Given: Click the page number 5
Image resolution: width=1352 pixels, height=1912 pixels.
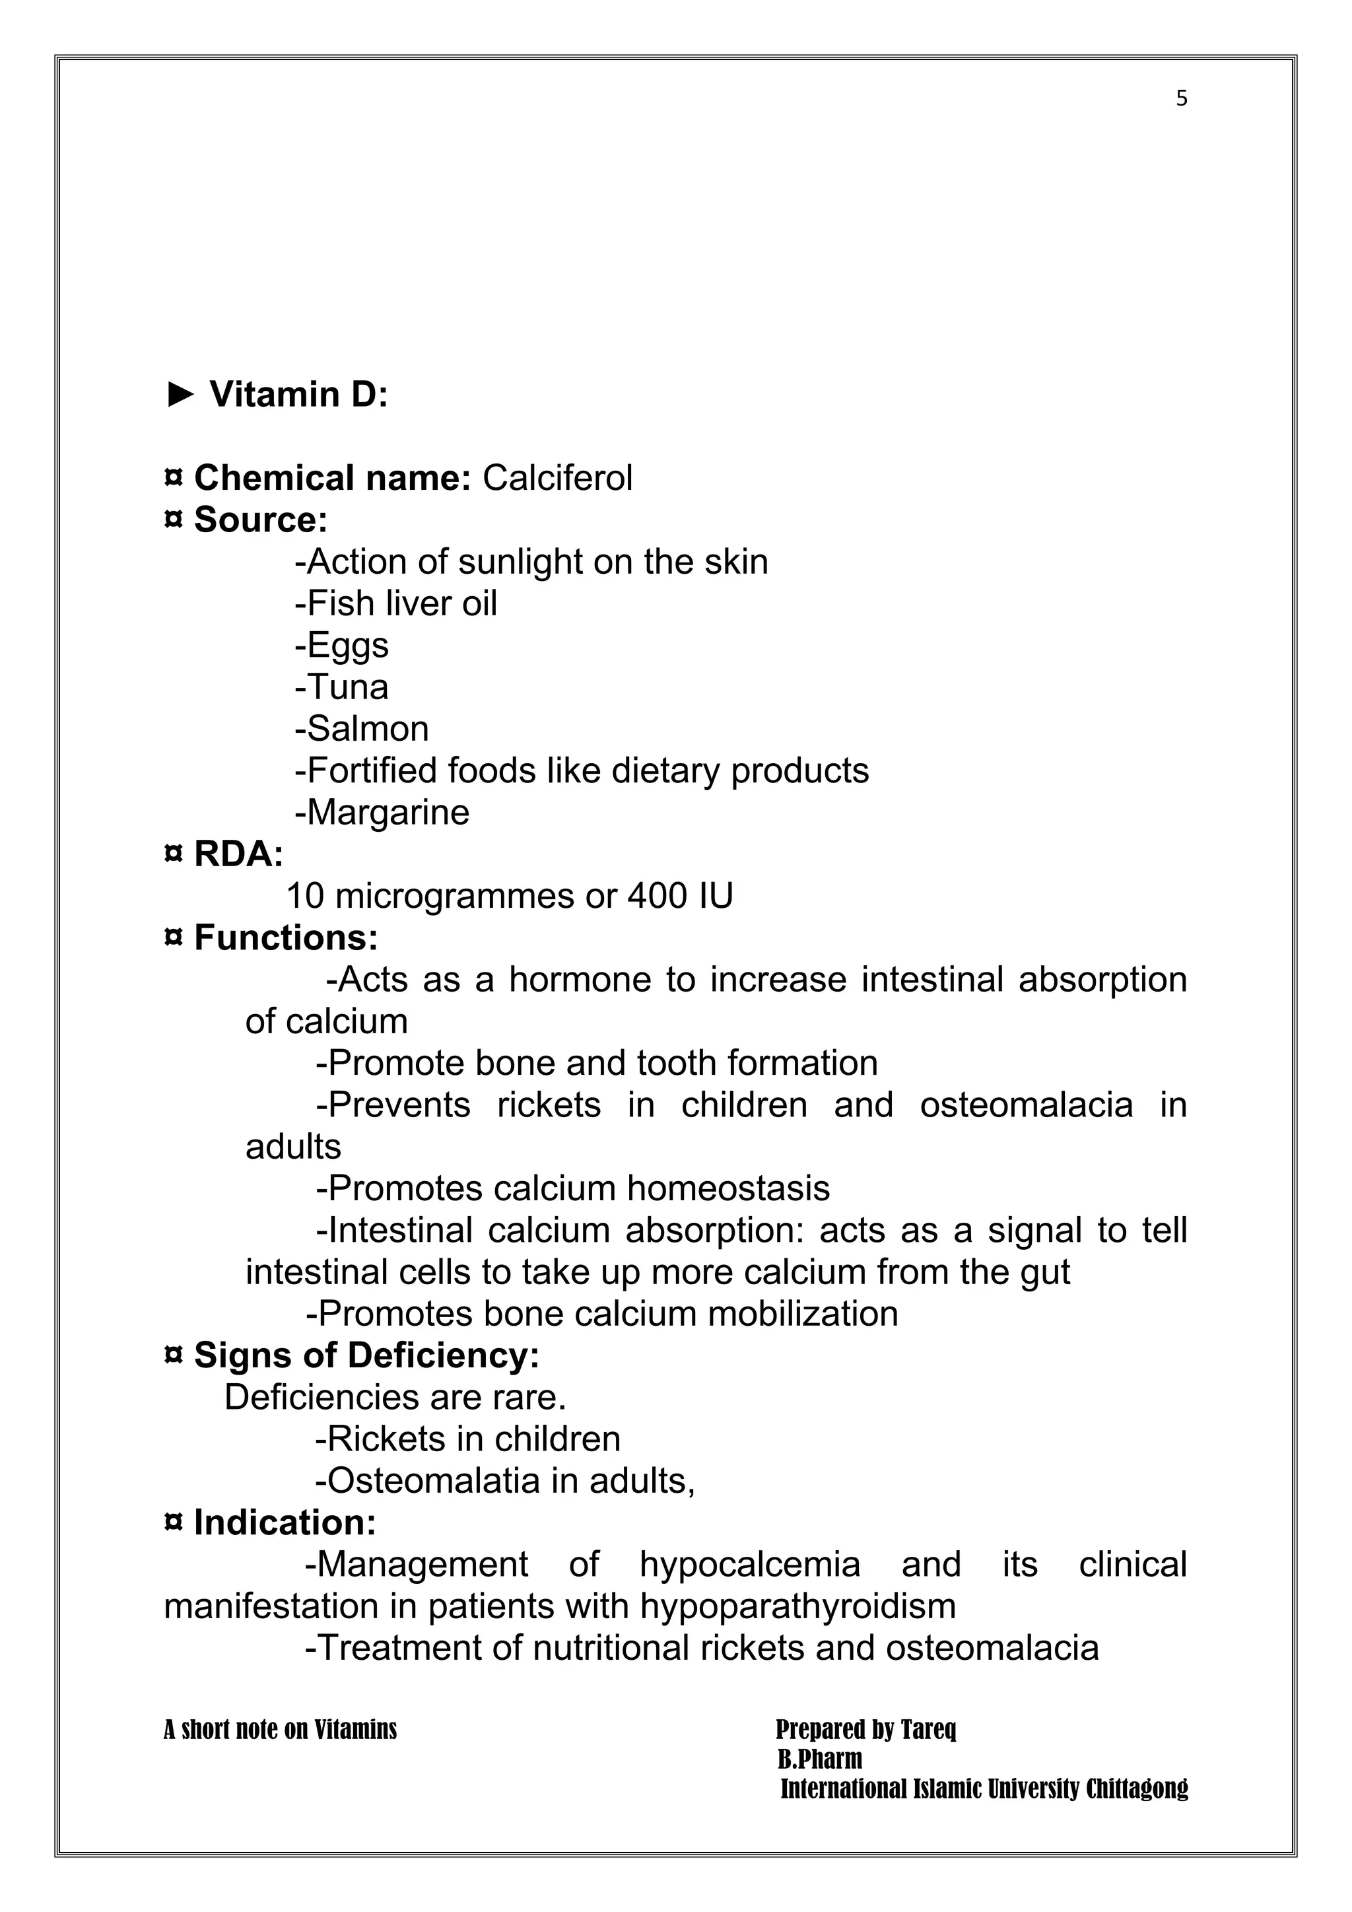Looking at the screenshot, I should pyautogui.click(x=1181, y=99).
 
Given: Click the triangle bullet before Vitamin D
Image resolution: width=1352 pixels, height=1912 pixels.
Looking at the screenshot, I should pyautogui.click(x=180, y=395).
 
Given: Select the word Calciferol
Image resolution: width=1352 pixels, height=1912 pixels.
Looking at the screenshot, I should pyautogui.click(x=557, y=478).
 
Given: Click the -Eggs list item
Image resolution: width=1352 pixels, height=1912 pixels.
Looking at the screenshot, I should pyautogui.click(x=341, y=646).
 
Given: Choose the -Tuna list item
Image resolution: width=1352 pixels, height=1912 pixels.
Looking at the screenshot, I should pyautogui.click(x=341, y=688).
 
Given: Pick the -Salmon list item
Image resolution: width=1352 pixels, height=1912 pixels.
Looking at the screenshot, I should pyautogui.click(x=361, y=730).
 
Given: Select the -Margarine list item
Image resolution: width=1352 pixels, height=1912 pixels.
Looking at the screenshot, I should pyautogui.click(x=382, y=813).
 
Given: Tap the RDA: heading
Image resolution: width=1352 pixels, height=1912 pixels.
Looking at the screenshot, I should pyautogui.click(x=238, y=854).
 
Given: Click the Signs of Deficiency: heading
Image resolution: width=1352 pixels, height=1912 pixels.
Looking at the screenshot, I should pyautogui.click(x=366, y=1355).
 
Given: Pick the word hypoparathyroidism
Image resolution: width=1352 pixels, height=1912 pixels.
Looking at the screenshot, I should pyautogui.click(x=797, y=1606).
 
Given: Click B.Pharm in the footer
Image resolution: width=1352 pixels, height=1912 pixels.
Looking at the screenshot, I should pyautogui.click(x=819, y=1759).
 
